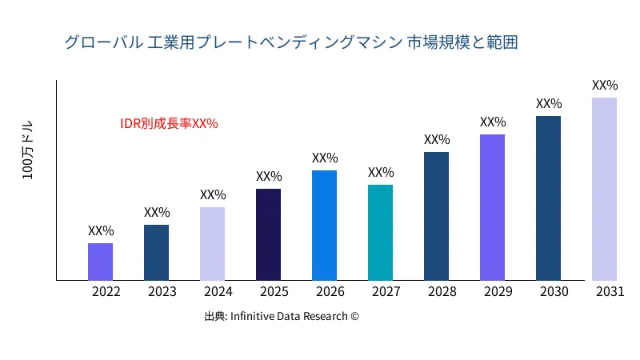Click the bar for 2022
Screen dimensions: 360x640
click(100, 262)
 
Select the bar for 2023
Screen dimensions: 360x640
click(156, 253)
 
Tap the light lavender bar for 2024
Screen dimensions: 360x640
click(212, 244)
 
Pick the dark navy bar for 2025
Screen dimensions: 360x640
click(268, 234)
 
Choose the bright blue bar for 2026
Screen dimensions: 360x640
click(324, 226)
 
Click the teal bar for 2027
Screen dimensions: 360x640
click(380, 233)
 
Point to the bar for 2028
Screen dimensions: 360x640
click(436, 216)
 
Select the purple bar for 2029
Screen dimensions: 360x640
click(492, 207)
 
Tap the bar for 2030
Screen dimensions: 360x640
click(548, 198)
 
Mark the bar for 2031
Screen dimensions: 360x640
click(604, 189)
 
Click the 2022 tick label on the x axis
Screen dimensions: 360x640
click(106, 292)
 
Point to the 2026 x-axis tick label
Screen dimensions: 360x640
click(330, 292)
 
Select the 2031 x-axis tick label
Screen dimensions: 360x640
click(610, 292)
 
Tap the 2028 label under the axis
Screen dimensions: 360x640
click(442, 292)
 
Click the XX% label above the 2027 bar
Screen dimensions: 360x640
click(381, 172)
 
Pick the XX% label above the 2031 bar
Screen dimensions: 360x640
click(605, 85)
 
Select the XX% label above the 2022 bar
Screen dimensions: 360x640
click(101, 230)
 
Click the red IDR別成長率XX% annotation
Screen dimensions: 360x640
click(169, 123)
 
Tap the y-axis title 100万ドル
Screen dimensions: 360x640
click(28, 150)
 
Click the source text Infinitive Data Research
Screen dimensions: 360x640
click(282, 316)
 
